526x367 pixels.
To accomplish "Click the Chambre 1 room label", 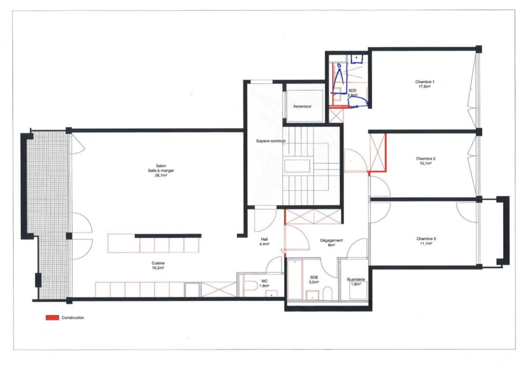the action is click(x=424, y=82).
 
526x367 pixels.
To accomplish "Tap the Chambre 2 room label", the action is click(x=426, y=159).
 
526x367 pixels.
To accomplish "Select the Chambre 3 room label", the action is click(x=426, y=239).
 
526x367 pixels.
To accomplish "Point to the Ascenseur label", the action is click(x=302, y=106).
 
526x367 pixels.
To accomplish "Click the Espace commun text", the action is click(x=271, y=141).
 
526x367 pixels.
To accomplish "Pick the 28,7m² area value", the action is click(x=160, y=175).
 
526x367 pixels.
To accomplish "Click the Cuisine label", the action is click(x=158, y=263).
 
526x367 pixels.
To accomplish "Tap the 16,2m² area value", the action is click(x=158, y=268).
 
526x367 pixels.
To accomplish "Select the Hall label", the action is click(x=265, y=239).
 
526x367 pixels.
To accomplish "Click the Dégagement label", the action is click(x=331, y=240).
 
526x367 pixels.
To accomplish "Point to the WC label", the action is click(x=265, y=281).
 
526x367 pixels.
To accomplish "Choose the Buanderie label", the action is click(x=356, y=279).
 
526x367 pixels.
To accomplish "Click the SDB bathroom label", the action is click(x=314, y=277).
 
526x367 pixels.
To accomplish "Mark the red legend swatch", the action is click(x=52, y=318).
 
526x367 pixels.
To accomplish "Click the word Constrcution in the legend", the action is click(x=72, y=318).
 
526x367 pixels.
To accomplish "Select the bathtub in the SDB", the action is click(x=295, y=279).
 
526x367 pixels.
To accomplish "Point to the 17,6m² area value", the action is click(x=424, y=86).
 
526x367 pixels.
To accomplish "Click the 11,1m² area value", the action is click(x=426, y=243).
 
